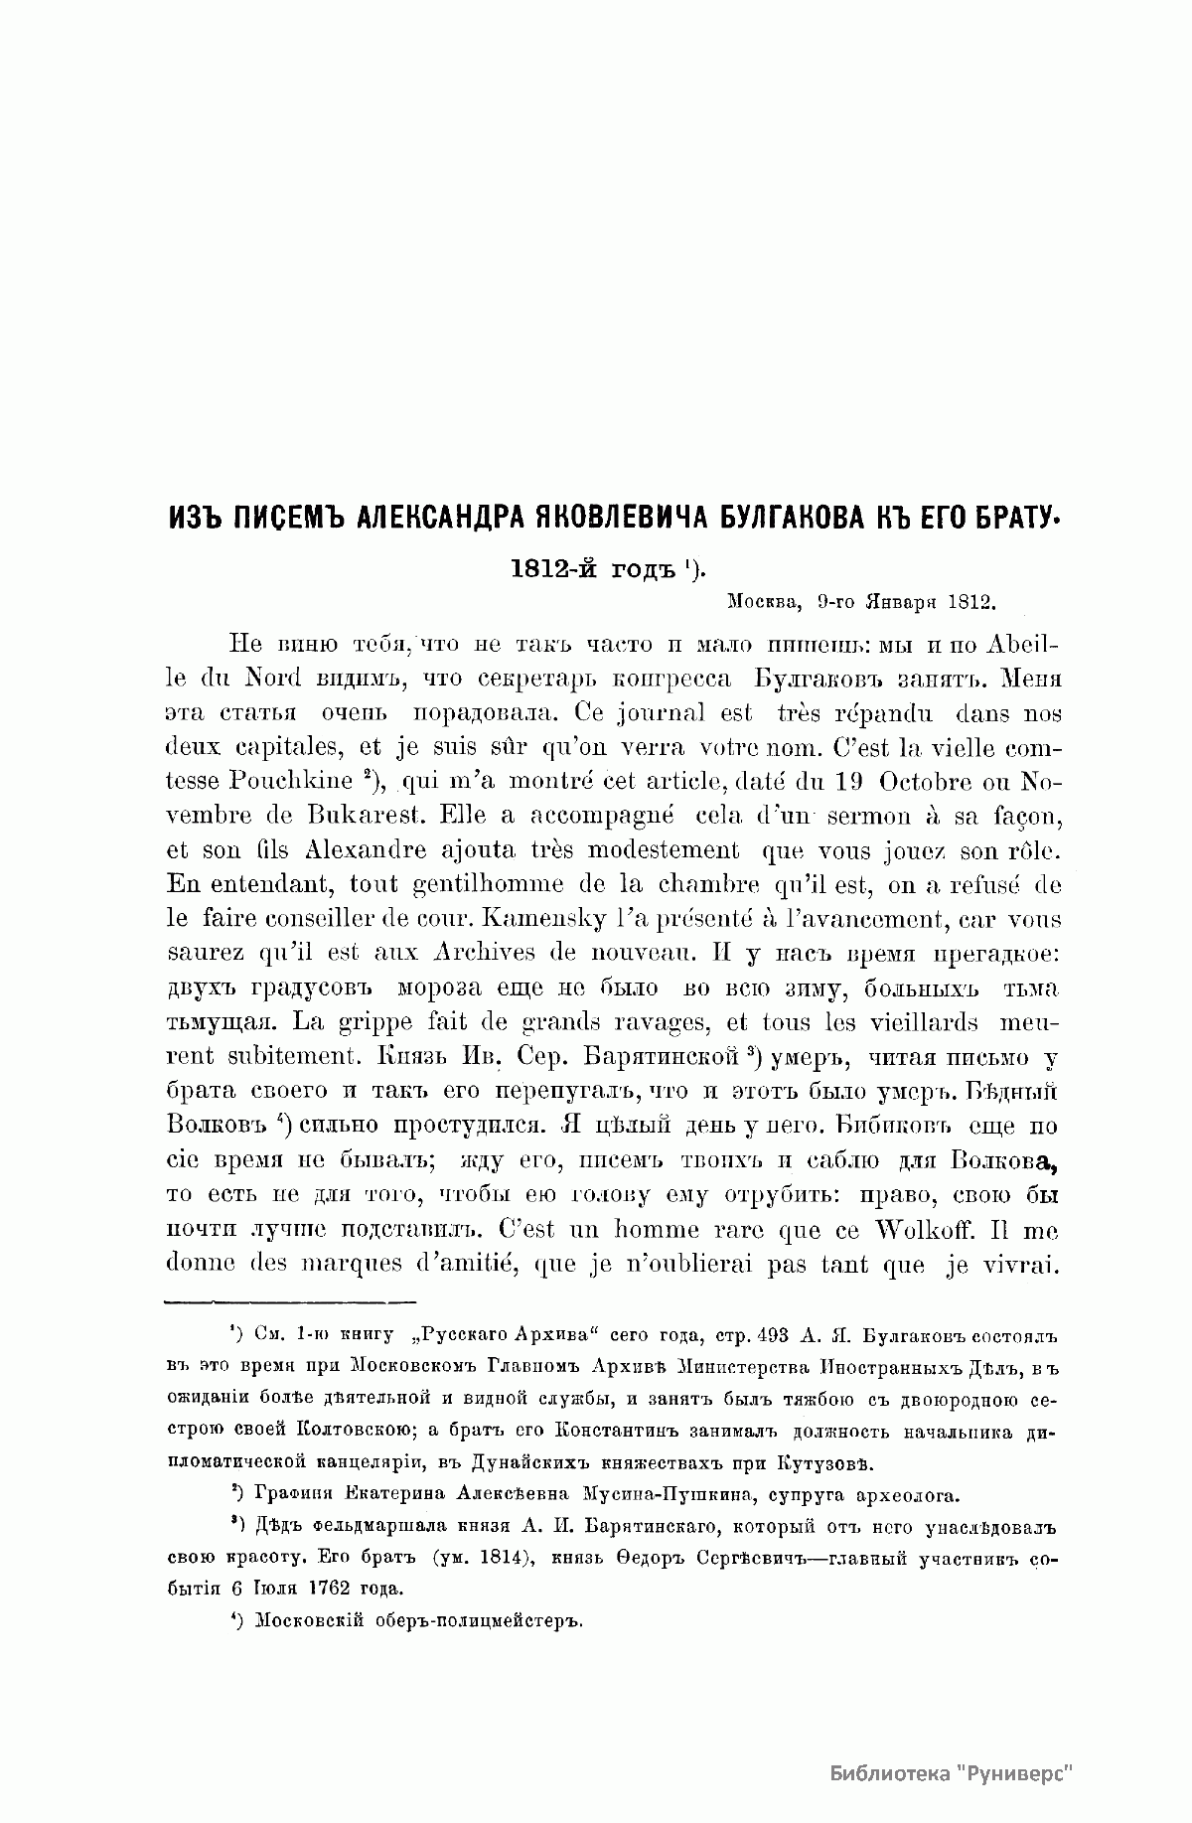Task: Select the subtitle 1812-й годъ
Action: point(592,569)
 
